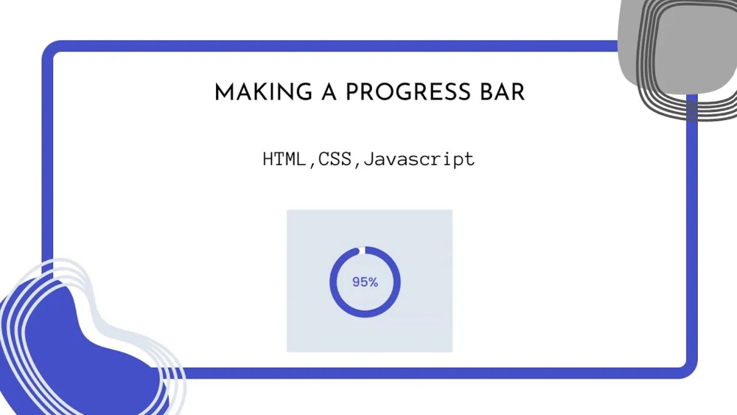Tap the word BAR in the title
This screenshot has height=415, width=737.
click(504, 93)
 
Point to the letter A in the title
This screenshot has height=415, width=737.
click(329, 93)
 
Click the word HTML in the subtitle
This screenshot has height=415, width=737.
click(284, 159)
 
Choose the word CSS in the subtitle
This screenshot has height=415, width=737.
click(335, 159)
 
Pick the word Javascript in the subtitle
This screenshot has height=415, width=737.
click(419, 159)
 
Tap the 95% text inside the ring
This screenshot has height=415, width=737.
click(365, 282)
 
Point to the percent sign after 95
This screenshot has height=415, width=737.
click(373, 282)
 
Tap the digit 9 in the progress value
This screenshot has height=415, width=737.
click(356, 282)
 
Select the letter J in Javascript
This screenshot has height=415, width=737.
click(369, 159)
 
